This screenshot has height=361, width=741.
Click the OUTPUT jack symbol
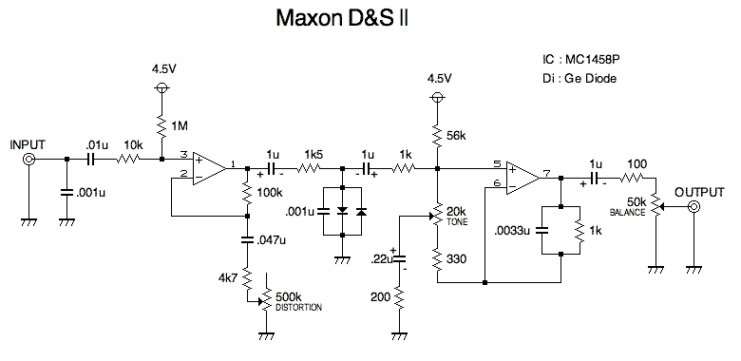(695, 206)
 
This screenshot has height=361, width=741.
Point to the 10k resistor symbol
(128, 161)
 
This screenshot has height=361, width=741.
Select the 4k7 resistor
(246, 280)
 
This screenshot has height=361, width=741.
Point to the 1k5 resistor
(309, 169)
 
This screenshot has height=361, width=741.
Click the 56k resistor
(437, 136)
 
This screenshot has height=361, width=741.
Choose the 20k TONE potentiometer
(437, 215)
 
